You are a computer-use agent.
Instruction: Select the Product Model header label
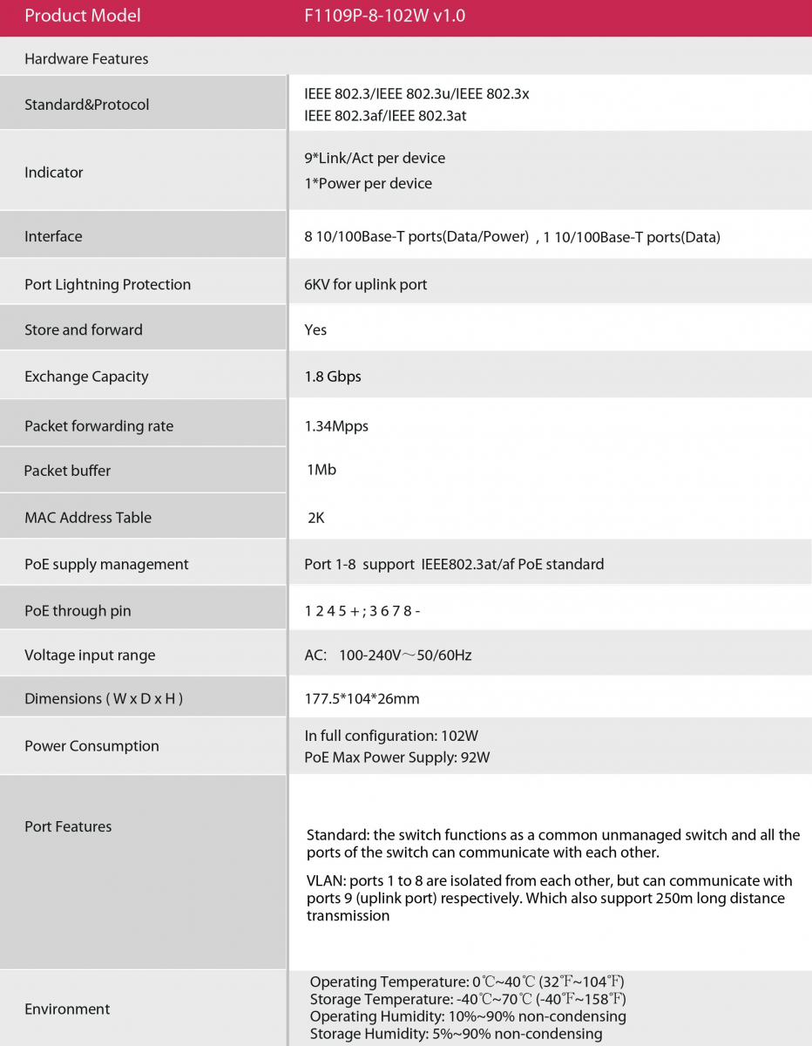tap(82, 16)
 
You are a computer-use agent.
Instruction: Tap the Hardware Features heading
tap(86, 58)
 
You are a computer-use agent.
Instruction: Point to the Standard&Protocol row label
tap(86, 105)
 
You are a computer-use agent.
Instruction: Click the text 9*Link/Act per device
tap(375, 158)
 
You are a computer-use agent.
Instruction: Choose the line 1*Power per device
tap(368, 183)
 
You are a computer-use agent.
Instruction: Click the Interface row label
tap(53, 236)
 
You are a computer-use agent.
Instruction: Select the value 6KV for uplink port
tap(366, 284)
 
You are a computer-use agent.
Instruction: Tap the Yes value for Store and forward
tap(315, 329)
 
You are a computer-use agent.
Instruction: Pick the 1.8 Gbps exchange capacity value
tap(333, 377)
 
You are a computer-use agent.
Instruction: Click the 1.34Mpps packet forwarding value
tap(336, 425)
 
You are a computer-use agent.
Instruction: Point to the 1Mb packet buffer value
tap(321, 470)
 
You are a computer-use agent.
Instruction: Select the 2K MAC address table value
tap(316, 517)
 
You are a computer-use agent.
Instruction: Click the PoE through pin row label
tap(78, 611)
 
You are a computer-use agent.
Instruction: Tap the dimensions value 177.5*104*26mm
tap(362, 698)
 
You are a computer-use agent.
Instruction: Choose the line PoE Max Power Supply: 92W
tap(397, 757)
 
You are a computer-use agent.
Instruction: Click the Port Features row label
tap(68, 826)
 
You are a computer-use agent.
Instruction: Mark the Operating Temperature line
tap(467, 982)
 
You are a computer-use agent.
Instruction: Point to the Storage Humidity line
tap(456, 1034)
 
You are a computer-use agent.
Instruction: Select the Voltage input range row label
tap(90, 655)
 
